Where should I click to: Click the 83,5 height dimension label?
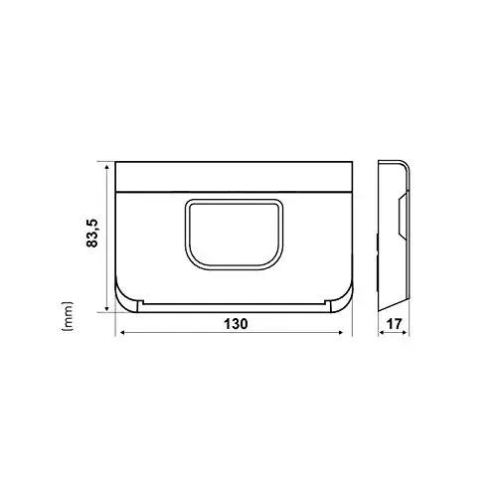92,233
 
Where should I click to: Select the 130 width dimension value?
236,324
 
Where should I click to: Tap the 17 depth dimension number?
394,324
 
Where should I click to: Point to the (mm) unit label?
67,316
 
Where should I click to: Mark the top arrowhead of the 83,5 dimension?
106,166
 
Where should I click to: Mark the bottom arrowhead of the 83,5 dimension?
106,308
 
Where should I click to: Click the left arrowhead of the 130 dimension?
122,332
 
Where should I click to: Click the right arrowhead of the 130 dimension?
341,332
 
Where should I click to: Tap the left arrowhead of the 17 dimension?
382,332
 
